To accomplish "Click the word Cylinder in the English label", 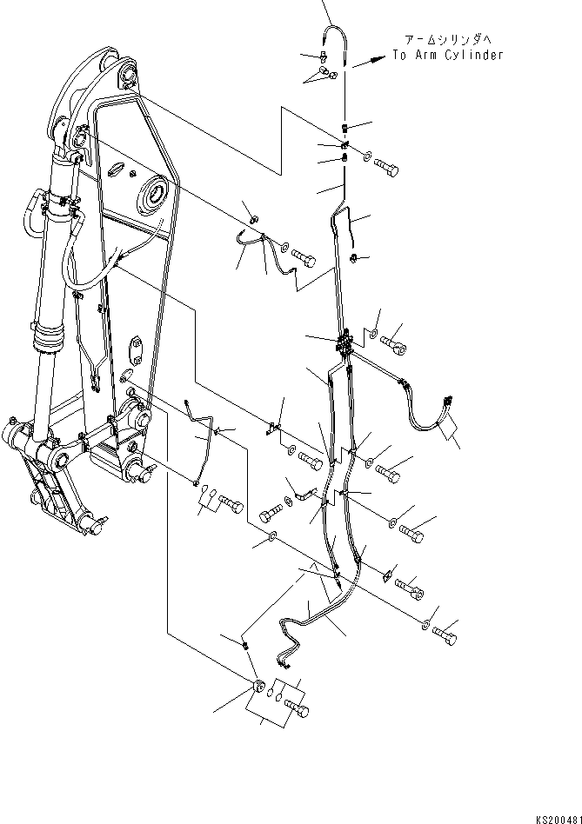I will click(x=472, y=55).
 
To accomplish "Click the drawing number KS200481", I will click(x=558, y=817).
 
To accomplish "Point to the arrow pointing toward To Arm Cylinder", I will click(x=370, y=60).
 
